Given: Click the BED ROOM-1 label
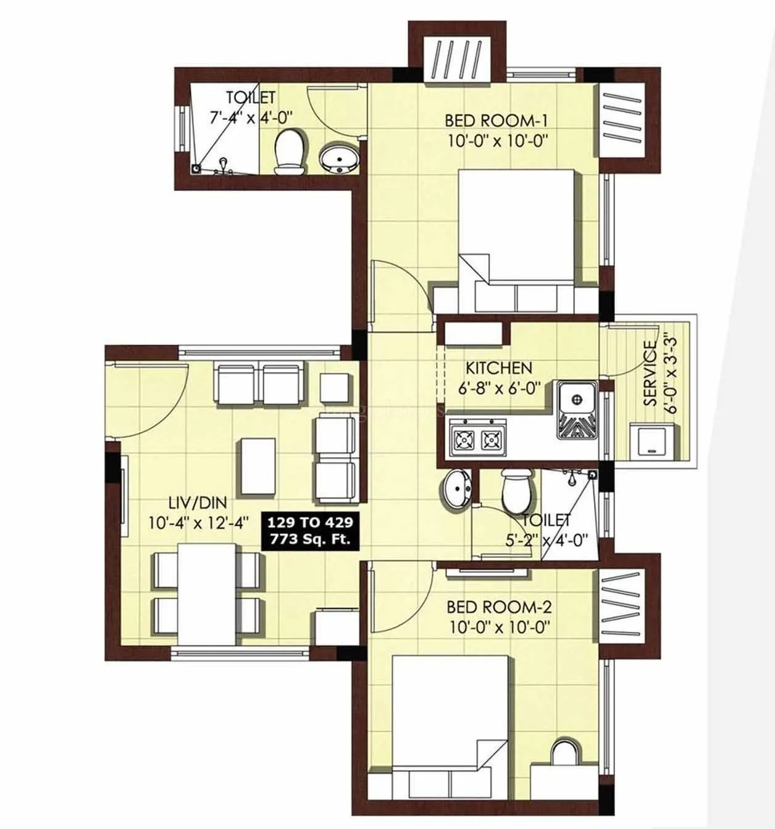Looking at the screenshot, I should [496, 120].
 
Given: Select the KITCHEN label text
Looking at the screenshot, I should [498, 369].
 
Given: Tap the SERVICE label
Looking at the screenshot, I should [650, 373].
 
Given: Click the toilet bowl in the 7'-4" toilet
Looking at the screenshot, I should [290, 150].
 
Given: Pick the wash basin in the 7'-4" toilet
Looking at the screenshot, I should [338, 159].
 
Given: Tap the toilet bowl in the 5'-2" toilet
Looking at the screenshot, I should [516, 490].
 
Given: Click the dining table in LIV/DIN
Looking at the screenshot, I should [206, 593].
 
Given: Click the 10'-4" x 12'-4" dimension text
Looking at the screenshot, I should [198, 522].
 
